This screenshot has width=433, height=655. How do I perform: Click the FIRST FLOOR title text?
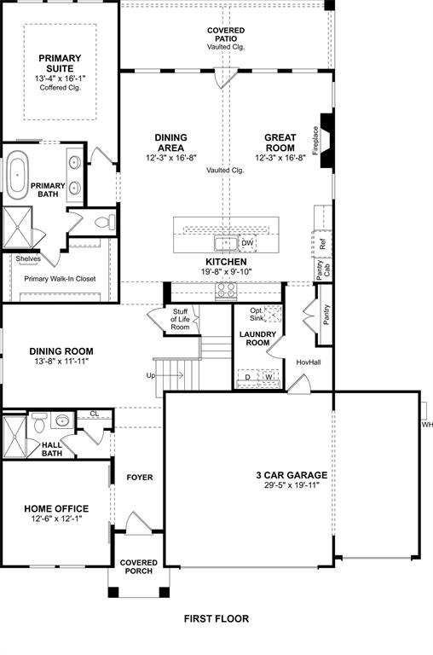[x=216, y=618]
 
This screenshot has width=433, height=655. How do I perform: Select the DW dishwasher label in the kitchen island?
[x=248, y=243]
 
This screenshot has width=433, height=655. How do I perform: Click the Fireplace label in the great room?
[x=315, y=140]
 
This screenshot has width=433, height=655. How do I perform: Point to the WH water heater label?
[x=426, y=424]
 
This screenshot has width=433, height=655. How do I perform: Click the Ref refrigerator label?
[x=322, y=243]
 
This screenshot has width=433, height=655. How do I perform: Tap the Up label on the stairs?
[x=152, y=375]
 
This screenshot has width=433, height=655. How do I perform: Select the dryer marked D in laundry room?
[x=248, y=376]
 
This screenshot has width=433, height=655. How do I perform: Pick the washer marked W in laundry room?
[x=268, y=376]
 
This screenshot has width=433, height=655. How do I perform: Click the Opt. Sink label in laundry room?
[x=256, y=315]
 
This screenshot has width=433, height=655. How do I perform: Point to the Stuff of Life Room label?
[x=180, y=320]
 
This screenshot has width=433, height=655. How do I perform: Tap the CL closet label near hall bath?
[x=94, y=414]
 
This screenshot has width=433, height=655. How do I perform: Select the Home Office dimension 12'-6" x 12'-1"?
[x=55, y=519]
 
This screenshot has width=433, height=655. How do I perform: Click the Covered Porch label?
[x=139, y=567]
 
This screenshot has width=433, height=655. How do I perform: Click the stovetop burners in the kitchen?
[x=226, y=292]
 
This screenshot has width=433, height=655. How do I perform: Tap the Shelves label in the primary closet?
[x=27, y=258]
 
